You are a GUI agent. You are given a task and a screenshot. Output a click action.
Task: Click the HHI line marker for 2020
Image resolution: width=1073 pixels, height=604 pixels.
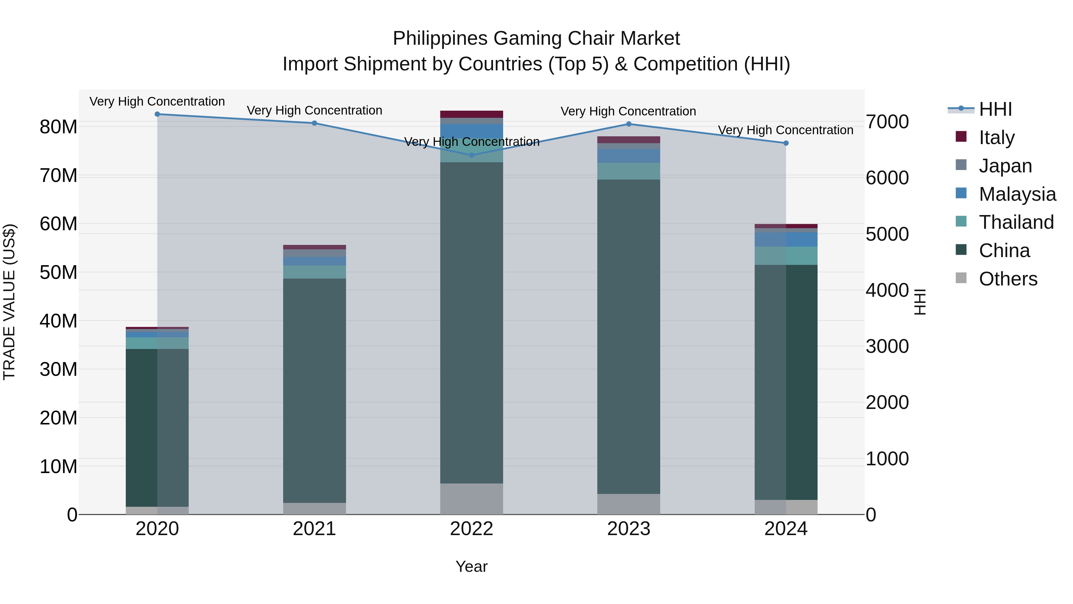157,114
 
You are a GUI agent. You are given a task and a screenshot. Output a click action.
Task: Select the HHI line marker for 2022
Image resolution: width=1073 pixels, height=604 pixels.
472,155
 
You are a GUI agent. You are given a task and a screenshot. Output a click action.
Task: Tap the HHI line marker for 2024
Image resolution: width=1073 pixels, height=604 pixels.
786,143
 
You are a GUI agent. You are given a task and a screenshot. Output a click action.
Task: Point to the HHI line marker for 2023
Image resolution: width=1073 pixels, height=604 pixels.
629,124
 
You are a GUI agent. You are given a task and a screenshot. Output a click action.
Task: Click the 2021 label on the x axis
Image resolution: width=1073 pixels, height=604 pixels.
314,529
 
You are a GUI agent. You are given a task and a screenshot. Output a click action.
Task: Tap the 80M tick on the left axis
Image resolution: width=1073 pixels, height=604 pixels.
58,127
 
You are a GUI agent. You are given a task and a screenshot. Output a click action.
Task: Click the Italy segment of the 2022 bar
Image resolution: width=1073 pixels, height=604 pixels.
472,114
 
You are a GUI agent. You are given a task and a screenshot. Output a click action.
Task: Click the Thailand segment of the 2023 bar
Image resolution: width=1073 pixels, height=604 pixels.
629,171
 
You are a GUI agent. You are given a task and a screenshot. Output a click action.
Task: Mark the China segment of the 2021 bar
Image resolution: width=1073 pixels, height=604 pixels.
314,390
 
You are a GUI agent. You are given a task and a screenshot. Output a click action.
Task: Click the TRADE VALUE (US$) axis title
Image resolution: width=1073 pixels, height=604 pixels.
9,302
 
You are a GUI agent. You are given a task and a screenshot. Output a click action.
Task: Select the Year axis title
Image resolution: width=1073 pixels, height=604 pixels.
472,566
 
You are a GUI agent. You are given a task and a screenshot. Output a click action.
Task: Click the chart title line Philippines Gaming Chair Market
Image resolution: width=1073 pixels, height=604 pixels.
536,38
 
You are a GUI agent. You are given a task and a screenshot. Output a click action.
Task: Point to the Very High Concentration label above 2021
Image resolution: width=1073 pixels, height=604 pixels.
314,110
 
